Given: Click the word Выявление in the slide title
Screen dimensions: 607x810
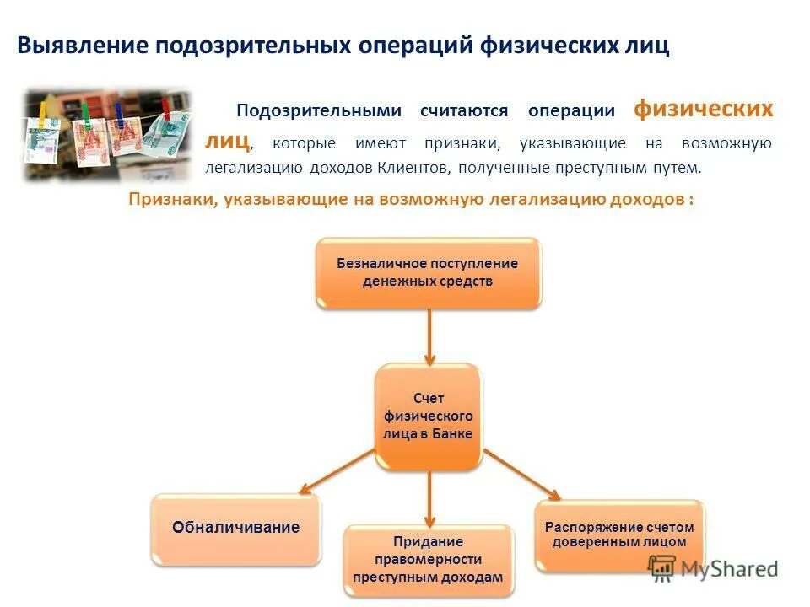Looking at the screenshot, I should click(x=81, y=46).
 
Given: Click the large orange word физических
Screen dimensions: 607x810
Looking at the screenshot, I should click(x=702, y=110).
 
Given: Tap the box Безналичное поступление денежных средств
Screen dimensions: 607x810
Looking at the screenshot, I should click(x=428, y=272).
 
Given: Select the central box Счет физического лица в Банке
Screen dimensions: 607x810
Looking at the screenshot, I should click(x=428, y=416).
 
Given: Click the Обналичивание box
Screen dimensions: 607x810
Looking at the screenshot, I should click(x=236, y=529).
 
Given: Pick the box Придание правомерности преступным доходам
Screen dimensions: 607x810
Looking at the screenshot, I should click(x=428, y=560).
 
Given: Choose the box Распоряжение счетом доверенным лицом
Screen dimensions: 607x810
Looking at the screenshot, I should click(x=619, y=534).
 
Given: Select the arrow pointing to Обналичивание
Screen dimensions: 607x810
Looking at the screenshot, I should click(x=337, y=471).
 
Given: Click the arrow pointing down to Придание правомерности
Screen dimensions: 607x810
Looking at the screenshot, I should click(x=429, y=497).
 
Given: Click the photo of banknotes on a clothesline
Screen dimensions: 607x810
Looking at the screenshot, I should click(x=107, y=133).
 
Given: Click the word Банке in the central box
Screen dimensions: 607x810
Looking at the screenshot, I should click(x=451, y=433).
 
